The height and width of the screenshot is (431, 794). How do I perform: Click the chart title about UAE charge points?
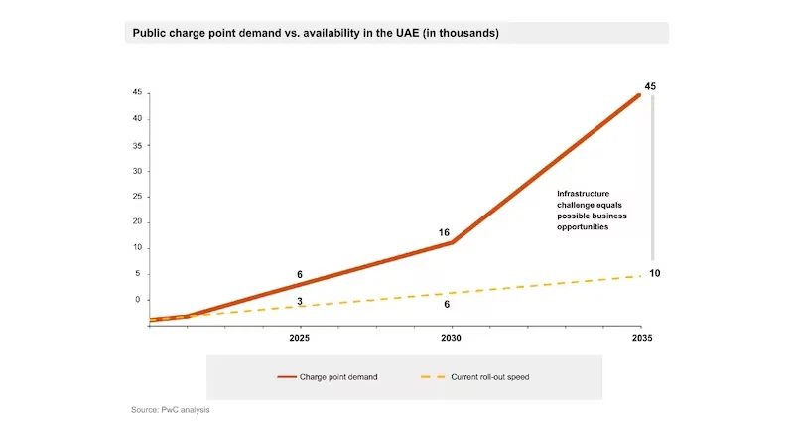316,33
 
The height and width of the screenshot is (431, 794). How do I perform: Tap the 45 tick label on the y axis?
137,93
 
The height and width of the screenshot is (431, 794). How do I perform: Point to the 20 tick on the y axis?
137,222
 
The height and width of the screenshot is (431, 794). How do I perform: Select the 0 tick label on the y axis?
139,300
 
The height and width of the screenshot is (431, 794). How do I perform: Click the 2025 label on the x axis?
299,338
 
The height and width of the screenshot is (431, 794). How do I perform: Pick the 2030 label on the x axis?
452,338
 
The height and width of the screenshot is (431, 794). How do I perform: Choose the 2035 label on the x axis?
641,338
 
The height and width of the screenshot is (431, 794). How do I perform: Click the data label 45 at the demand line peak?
650,87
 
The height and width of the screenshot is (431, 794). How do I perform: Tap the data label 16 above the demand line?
444,232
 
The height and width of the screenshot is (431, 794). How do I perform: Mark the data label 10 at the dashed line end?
655,273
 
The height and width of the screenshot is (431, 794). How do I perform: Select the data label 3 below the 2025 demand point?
300,301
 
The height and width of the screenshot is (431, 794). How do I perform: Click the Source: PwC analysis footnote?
171,409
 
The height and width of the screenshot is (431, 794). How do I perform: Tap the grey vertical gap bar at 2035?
653,179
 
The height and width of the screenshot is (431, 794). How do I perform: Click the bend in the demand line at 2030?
453,242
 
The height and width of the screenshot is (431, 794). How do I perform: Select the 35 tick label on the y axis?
137,145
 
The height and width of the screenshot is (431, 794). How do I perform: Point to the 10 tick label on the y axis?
137,248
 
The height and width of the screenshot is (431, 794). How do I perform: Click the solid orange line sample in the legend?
289,376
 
